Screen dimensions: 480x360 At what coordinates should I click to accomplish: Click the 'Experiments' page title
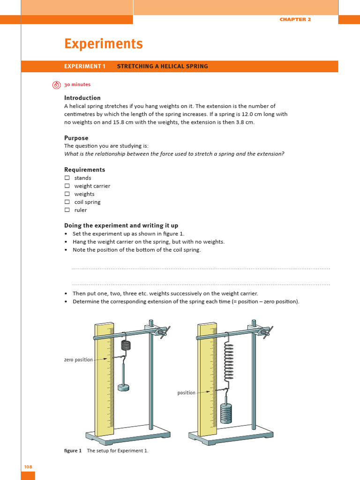click(103, 44)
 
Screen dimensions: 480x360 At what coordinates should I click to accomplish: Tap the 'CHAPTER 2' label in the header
click(295, 19)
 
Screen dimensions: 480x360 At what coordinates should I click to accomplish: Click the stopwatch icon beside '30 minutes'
click(56, 85)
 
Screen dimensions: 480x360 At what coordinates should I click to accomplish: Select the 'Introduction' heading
click(82, 98)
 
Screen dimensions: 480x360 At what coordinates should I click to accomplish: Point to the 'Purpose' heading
click(76, 138)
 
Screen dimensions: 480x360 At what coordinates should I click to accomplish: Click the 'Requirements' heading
click(84, 170)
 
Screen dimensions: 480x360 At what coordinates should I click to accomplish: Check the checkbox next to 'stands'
click(67, 178)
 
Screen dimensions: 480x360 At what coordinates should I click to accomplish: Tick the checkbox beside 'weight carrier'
click(67, 186)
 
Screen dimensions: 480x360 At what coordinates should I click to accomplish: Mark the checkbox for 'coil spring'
click(67, 202)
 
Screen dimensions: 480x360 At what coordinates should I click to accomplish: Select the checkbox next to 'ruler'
click(67, 210)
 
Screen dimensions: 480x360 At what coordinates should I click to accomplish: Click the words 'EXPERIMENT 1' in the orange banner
click(85, 67)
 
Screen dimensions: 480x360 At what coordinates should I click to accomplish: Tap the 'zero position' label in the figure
click(78, 360)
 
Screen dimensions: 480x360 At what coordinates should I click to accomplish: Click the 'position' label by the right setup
click(186, 393)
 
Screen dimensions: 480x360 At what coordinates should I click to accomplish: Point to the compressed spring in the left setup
click(126, 345)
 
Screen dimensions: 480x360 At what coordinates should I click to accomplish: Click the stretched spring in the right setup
click(229, 361)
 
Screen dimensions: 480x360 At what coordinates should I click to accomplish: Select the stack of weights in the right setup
click(226, 412)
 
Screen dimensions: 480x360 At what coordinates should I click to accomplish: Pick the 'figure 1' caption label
click(73, 451)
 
